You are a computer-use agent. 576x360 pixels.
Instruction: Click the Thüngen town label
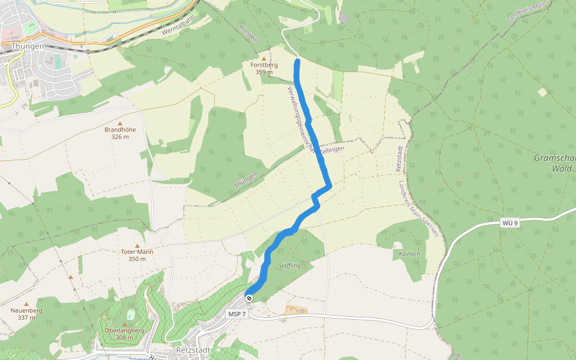(x=28, y=46)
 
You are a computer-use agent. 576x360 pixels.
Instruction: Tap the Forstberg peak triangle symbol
(x=263, y=58)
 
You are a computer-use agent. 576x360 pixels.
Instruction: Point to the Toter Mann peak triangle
(x=137, y=245)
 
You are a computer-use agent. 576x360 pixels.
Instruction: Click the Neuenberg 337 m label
(x=26, y=314)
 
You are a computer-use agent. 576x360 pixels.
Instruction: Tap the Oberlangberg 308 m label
(x=125, y=334)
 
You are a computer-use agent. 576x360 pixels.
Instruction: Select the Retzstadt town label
(x=192, y=350)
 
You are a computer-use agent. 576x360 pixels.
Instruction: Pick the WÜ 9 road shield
(x=509, y=223)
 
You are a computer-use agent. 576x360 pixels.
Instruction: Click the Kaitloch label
(x=410, y=254)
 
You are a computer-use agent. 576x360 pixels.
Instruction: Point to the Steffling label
(x=290, y=265)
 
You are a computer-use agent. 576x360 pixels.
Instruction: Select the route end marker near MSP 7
(x=248, y=298)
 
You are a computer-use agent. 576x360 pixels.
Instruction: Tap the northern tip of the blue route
(x=297, y=61)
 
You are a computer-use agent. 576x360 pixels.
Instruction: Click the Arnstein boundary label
(x=248, y=33)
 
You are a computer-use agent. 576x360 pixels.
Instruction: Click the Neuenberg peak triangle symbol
(x=26, y=304)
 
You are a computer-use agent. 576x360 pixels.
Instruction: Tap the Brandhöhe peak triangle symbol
(x=120, y=122)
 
